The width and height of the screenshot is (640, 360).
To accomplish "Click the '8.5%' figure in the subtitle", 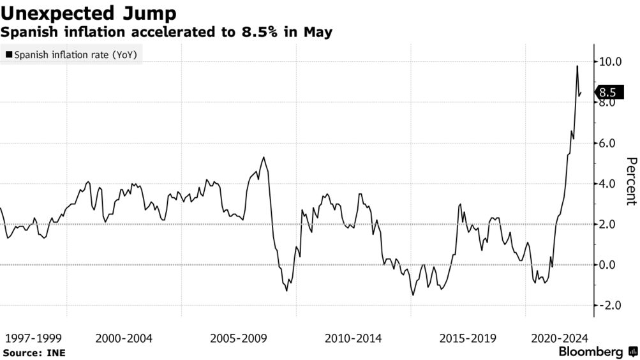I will click(251, 31).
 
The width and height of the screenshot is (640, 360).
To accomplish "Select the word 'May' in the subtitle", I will click(318, 31).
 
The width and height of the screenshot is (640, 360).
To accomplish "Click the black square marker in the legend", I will click(8, 56).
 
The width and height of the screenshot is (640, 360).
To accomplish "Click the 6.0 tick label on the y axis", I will click(607, 144).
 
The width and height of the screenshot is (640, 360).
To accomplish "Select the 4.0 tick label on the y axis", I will click(607, 184).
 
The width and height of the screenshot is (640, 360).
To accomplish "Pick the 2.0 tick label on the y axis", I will click(607, 225).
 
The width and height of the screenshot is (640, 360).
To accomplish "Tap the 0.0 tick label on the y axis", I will click(607, 265).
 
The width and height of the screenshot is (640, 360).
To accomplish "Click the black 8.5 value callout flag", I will click(607, 93).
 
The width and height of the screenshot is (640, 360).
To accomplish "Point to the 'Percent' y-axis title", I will click(631, 181).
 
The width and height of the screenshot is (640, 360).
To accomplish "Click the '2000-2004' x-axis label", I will click(124, 338).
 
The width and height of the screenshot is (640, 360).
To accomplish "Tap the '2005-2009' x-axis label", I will click(239, 338).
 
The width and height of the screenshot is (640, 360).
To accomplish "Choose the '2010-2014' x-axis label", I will click(353, 338).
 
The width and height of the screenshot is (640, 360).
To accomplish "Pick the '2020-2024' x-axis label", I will click(560, 338).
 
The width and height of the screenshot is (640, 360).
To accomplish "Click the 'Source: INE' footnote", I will click(34, 352).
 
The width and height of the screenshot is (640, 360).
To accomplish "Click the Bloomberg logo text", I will click(591, 352).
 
